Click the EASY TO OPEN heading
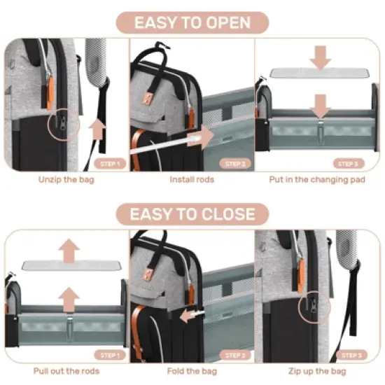(x=192, y=22)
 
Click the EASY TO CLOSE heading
(x=192, y=213)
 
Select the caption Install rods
(x=191, y=179)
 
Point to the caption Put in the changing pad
(x=317, y=179)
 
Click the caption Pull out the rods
(x=65, y=370)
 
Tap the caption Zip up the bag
(x=317, y=370)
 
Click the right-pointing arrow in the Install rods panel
(x=204, y=136)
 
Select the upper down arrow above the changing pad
(x=321, y=56)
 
